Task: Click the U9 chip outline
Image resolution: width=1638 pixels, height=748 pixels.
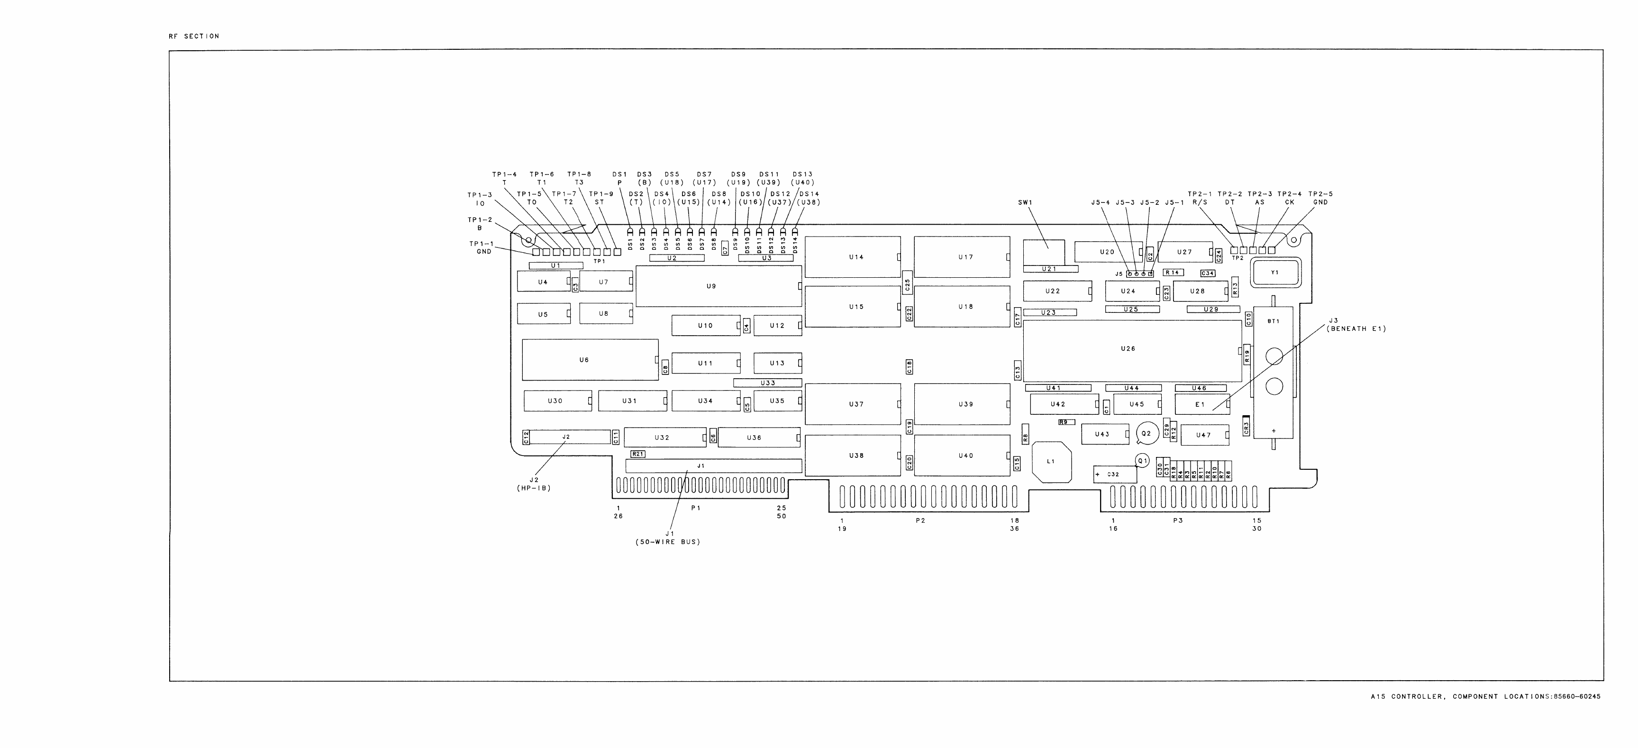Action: pos(719,286)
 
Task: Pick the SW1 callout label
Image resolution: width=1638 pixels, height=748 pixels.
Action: pos(1025,203)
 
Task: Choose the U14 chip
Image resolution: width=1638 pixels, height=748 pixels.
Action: pos(853,257)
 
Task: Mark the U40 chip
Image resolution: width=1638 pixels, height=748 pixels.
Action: pos(962,456)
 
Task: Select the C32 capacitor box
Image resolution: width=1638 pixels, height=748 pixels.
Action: pos(1115,474)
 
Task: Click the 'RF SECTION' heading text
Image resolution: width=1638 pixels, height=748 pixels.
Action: pos(194,36)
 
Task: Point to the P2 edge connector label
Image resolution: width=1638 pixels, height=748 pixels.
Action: pos(920,521)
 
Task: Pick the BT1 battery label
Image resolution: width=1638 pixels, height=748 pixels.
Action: pos(1273,322)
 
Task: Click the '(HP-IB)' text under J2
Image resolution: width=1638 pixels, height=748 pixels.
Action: pos(534,489)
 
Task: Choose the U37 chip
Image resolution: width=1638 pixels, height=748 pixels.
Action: pos(853,404)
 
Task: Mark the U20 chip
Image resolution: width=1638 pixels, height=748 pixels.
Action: pos(1106,252)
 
